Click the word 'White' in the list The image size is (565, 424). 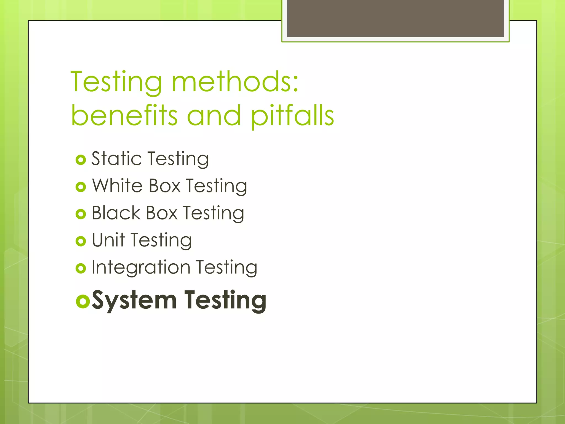coord(118,186)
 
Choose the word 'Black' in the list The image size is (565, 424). coord(116,213)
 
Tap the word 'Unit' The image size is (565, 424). coord(108,240)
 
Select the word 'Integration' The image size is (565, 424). coord(141,267)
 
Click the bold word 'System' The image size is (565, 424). coord(134,300)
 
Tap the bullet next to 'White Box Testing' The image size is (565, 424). coord(81,187)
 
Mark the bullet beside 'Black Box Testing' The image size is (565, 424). coord(81,214)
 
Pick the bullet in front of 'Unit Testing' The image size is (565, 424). coord(81,241)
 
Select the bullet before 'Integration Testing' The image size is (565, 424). coord(81,268)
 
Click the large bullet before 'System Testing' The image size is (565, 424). coord(83,301)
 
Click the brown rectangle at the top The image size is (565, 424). coord(395,18)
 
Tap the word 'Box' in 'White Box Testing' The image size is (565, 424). coord(165,186)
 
